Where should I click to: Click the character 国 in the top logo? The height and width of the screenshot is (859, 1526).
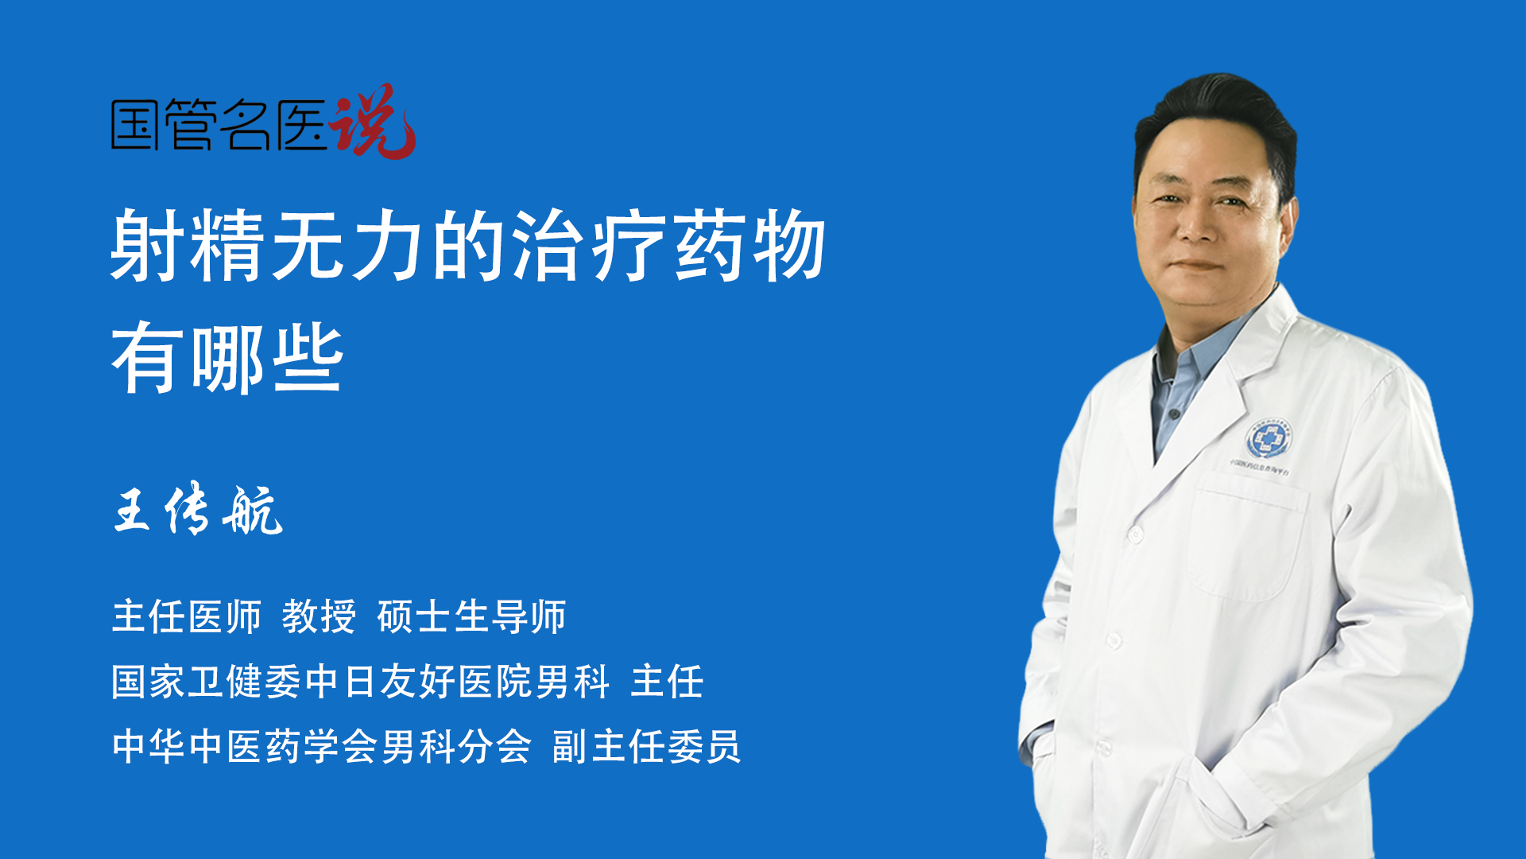point(136,124)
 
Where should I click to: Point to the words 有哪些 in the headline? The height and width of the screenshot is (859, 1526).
point(227,358)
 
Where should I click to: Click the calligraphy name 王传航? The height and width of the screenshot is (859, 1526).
point(198,510)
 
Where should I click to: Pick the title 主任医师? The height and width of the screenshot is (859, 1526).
point(187,616)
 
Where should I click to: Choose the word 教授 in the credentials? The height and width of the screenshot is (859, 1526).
point(319,616)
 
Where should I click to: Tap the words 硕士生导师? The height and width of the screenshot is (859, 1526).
point(472,616)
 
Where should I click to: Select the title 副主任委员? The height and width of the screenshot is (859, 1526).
point(646,746)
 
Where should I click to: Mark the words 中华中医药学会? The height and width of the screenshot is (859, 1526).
point(227,746)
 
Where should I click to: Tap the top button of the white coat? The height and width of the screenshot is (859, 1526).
point(1136,534)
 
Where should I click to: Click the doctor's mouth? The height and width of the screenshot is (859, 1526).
point(1196,265)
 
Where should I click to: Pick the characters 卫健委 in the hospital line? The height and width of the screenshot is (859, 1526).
point(246,682)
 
